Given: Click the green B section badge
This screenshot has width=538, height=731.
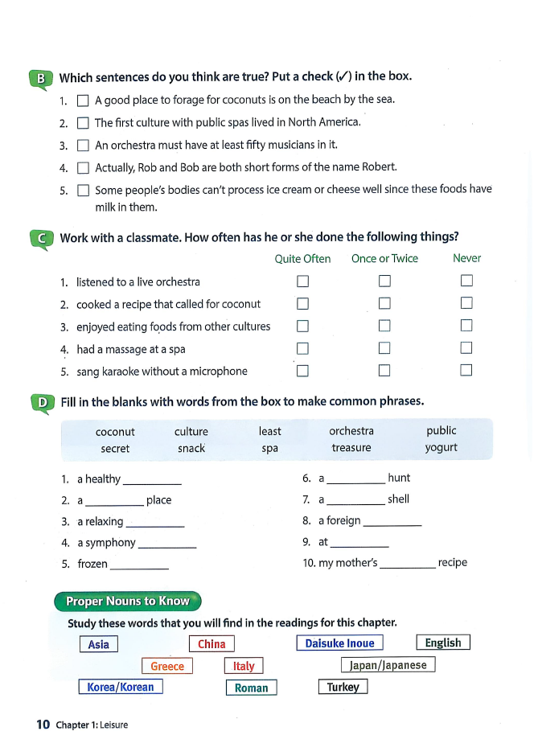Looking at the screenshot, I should click(x=40, y=78).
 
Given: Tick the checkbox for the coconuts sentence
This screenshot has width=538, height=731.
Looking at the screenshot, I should click(x=82, y=101).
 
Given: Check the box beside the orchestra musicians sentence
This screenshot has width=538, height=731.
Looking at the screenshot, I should click(x=82, y=146).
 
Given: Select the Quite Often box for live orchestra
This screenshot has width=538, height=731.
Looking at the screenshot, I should click(x=302, y=281).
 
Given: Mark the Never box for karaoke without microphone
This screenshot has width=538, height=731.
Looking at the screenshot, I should click(x=466, y=371).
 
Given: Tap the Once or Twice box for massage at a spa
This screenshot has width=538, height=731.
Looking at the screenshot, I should click(x=384, y=348).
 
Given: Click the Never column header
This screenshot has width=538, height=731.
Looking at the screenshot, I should click(x=466, y=259).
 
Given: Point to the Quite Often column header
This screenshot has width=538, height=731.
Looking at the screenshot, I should click(x=302, y=259).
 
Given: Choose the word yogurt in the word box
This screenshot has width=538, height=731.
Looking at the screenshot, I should click(x=441, y=448).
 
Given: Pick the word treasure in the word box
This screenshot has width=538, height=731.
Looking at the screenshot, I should click(x=351, y=448).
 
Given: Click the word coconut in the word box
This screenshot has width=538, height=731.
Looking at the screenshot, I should click(x=115, y=432).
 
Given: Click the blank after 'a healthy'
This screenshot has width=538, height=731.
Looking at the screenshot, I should click(x=152, y=480).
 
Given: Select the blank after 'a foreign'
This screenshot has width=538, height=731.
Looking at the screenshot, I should click(x=392, y=522).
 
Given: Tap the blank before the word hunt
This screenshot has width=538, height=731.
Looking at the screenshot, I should click(x=356, y=479).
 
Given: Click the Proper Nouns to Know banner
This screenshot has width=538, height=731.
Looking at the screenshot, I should click(x=127, y=602).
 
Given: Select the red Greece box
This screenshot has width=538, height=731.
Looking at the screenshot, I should click(x=167, y=666).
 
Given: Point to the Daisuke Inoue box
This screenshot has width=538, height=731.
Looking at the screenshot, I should click(x=339, y=643).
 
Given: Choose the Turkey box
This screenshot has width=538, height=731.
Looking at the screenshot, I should click(x=343, y=688).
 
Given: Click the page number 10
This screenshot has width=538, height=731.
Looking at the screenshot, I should click(x=43, y=725).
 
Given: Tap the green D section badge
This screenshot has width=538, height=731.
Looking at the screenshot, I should click(x=40, y=402).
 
